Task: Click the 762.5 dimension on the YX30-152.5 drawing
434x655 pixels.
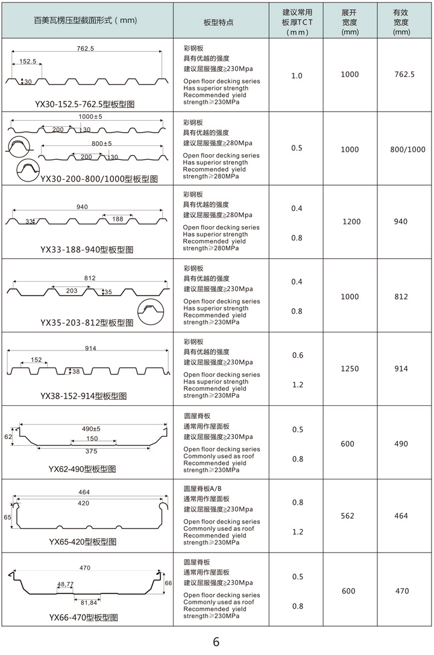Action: tap(86, 48)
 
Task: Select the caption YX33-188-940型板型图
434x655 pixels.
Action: tap(87, 249)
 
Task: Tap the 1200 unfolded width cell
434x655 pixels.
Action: tap(351, 222)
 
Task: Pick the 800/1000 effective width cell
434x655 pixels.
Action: tap(407, 150)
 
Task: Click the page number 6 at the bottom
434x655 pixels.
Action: tap(216, 642)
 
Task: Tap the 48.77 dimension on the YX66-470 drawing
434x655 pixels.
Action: tap(66, 584)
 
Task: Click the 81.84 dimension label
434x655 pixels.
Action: tap(89, 603)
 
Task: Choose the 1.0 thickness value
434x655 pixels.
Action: tap(297, 76)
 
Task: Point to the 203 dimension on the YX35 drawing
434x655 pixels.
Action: tap(71, 291)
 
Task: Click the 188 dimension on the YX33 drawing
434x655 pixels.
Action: tap(117, 219)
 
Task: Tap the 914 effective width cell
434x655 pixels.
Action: tap(401, 369)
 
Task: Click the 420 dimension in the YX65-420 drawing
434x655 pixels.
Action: tap(84, 503)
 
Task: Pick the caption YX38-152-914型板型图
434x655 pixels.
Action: tap(84, 396)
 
